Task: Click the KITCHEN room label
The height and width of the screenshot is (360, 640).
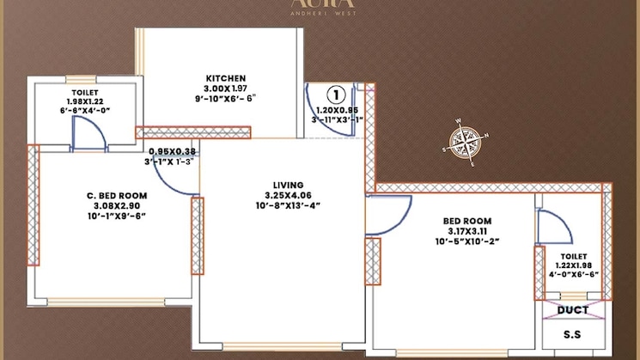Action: tap(226, 77)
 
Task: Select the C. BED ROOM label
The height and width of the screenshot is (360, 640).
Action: tap(112, 195)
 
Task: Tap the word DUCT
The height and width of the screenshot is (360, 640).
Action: tap(573, 310)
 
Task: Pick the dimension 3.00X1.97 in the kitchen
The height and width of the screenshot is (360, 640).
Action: tap(226, 88)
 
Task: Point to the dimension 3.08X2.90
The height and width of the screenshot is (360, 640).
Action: tap(112, 206)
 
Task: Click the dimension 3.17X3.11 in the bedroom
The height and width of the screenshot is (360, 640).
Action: tap(466, 231)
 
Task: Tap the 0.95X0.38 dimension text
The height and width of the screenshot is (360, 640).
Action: tap(172, 150)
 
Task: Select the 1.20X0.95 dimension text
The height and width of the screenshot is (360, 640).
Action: tap(336, 110)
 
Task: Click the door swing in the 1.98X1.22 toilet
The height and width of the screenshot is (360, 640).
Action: tap(88, 130)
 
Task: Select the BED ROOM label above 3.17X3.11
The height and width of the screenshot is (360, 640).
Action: tap(466, 221)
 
